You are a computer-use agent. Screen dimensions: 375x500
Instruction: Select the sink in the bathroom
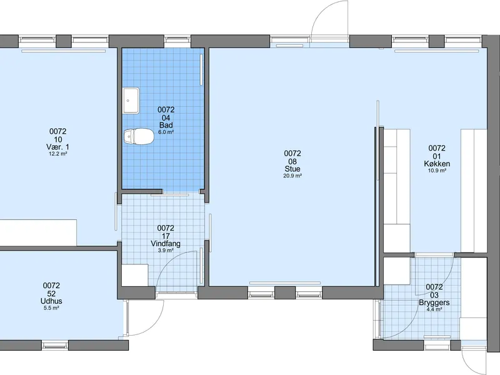(x=131, y=101)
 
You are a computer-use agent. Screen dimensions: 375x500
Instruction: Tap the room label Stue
(x=292, y=169)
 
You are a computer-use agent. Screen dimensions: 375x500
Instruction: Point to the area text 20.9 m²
(x=292, y=176)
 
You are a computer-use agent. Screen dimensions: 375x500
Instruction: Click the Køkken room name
(x=437, y=164)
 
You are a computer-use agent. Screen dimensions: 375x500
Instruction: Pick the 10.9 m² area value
(x=437, y=171)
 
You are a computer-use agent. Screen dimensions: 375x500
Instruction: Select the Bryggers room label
(x=434, y=302)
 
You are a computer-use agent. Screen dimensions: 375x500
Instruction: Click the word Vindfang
(x=166, y=244)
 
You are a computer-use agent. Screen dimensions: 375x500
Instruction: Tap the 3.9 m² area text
(x=166, y=251)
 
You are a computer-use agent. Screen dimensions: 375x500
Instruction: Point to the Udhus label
(x=52, y=301)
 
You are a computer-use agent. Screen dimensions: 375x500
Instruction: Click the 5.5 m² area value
(x=52, y=308)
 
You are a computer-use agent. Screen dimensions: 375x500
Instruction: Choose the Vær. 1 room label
(x=57, y=147)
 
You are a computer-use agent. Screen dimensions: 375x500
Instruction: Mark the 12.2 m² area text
(x=57, y=154)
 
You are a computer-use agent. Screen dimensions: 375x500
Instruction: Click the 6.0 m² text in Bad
(x=166, y=132)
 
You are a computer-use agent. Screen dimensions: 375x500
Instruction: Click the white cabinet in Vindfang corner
(x=134, y=274)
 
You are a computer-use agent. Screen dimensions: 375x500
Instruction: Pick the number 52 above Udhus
(x=52, y=293)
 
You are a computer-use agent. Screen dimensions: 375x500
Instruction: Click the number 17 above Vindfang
(x=166, y=236)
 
